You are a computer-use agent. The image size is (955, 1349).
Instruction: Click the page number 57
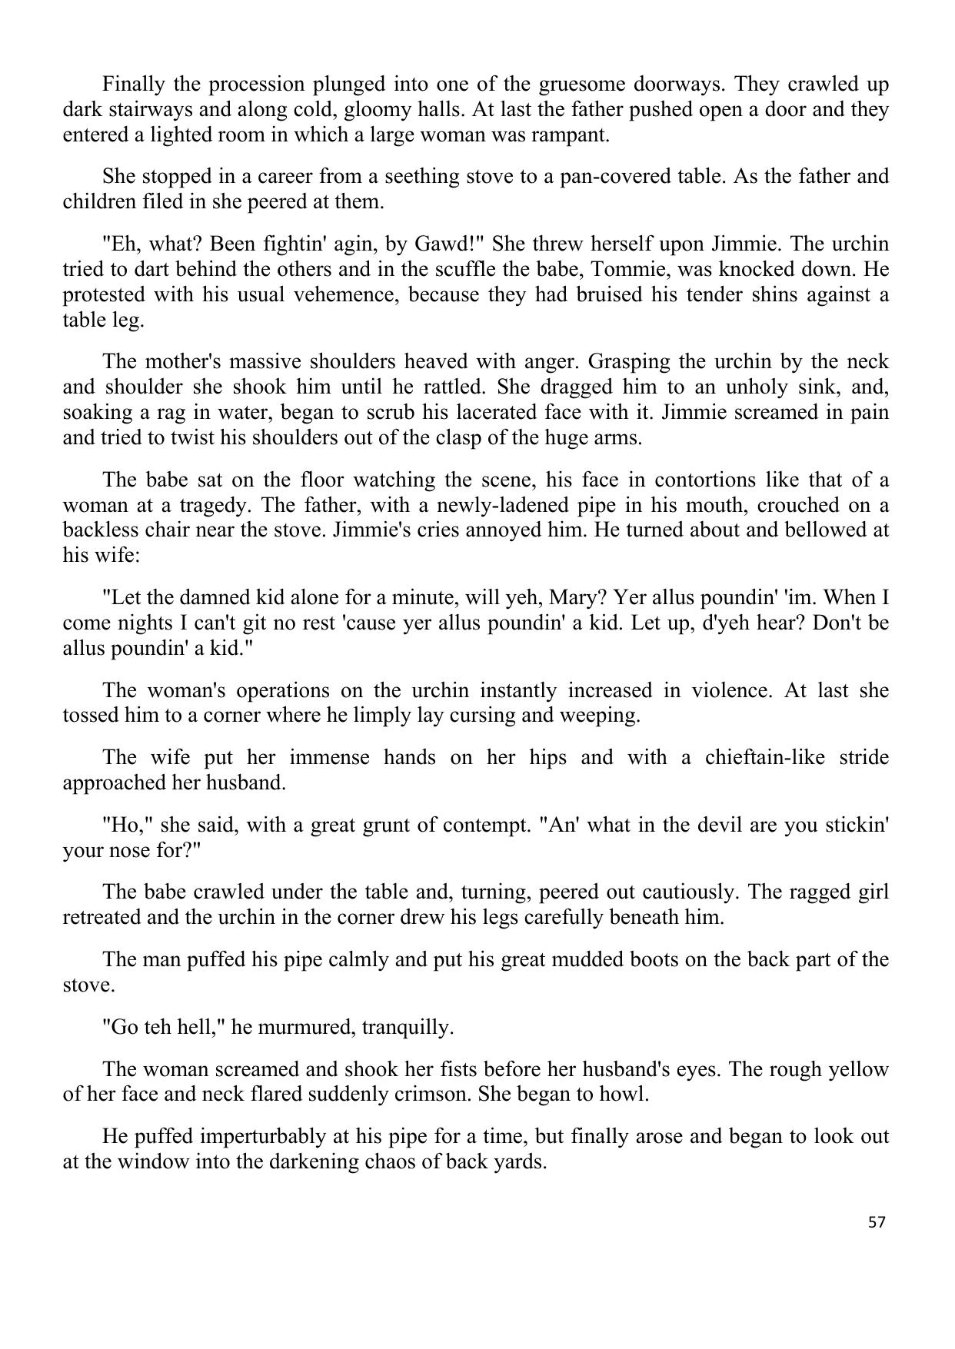(x=877, y=1222)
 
